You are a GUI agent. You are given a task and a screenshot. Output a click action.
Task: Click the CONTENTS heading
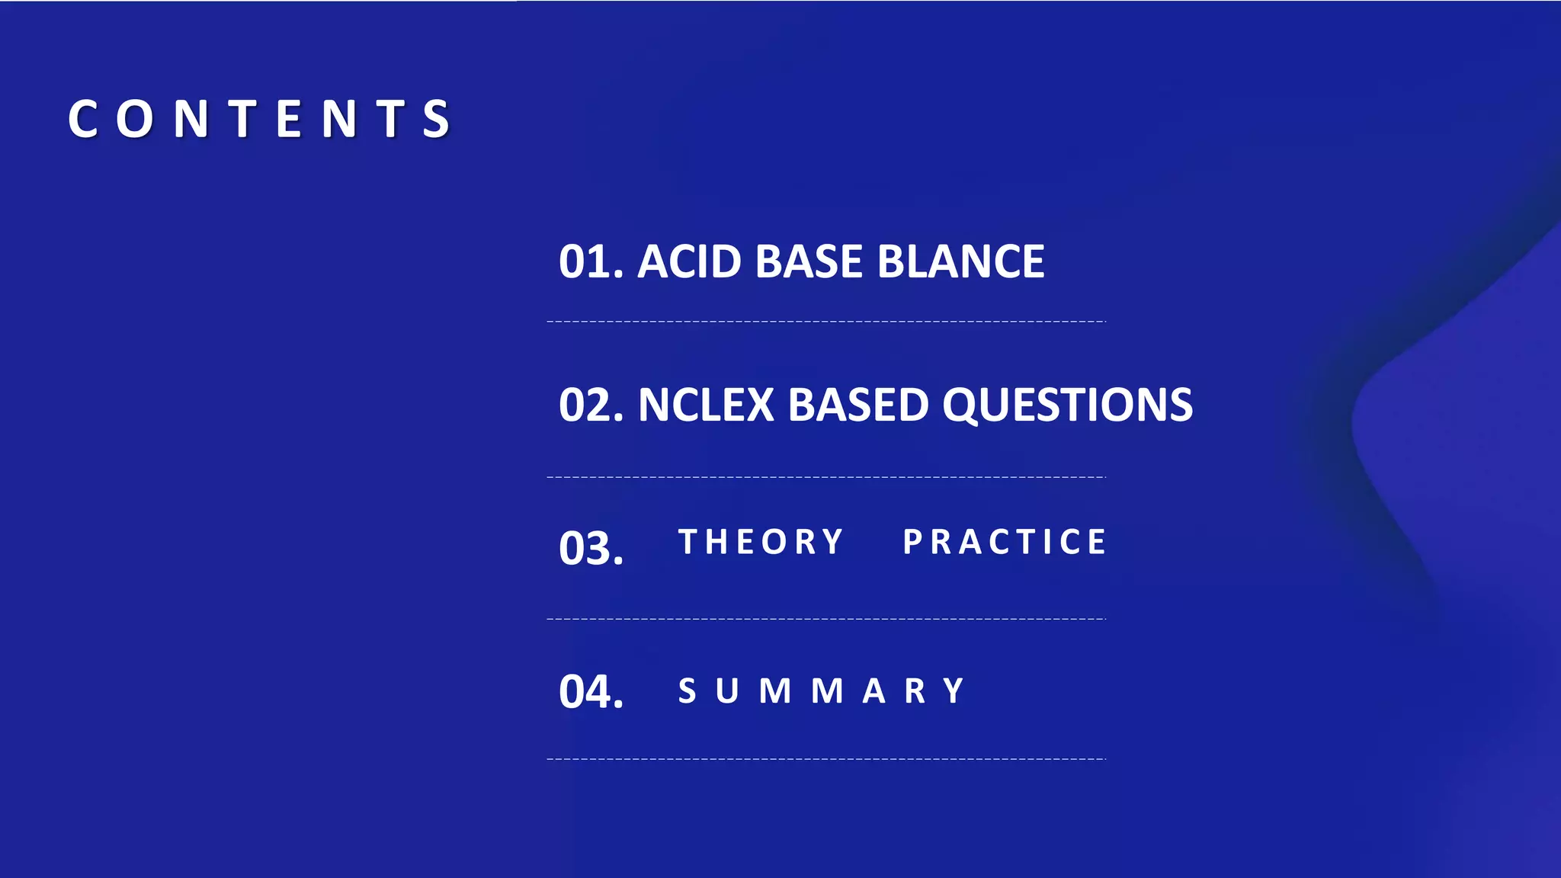pyautogui.click(x=260, y=119)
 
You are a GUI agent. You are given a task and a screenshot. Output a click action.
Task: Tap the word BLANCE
pyautogui.click(x=960, y=262)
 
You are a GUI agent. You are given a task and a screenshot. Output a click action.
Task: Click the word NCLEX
pyautogui.click(x=706, y=405)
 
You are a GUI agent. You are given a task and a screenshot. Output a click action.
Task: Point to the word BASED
pyautogui.click(x=858, y=405)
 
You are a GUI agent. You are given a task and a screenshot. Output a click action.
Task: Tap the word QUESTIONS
pyautogui.click(x=1067, y=405)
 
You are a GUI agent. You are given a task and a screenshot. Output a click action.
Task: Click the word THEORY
pyautogui.click(x=761, y=542)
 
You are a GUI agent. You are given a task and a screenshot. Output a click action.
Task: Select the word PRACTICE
pyautogui.click(x=1005, y=542)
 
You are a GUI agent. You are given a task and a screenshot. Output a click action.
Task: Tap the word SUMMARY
pyautogui.click(x=822, y=691)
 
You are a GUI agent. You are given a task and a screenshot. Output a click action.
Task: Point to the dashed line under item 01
pyautogui.click(x=826, y=322)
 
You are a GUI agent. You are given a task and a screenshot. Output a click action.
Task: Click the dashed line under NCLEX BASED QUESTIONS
pyautogui.click(x=826, y=477)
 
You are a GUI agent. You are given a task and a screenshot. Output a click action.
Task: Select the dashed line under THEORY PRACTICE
pyautogui.click(x=826, y=619)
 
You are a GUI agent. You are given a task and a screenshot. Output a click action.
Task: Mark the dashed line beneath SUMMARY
pyautogui.click(x=826, y=759)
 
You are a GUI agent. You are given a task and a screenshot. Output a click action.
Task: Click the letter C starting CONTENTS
pyautogui.click(x=83, y=119)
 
